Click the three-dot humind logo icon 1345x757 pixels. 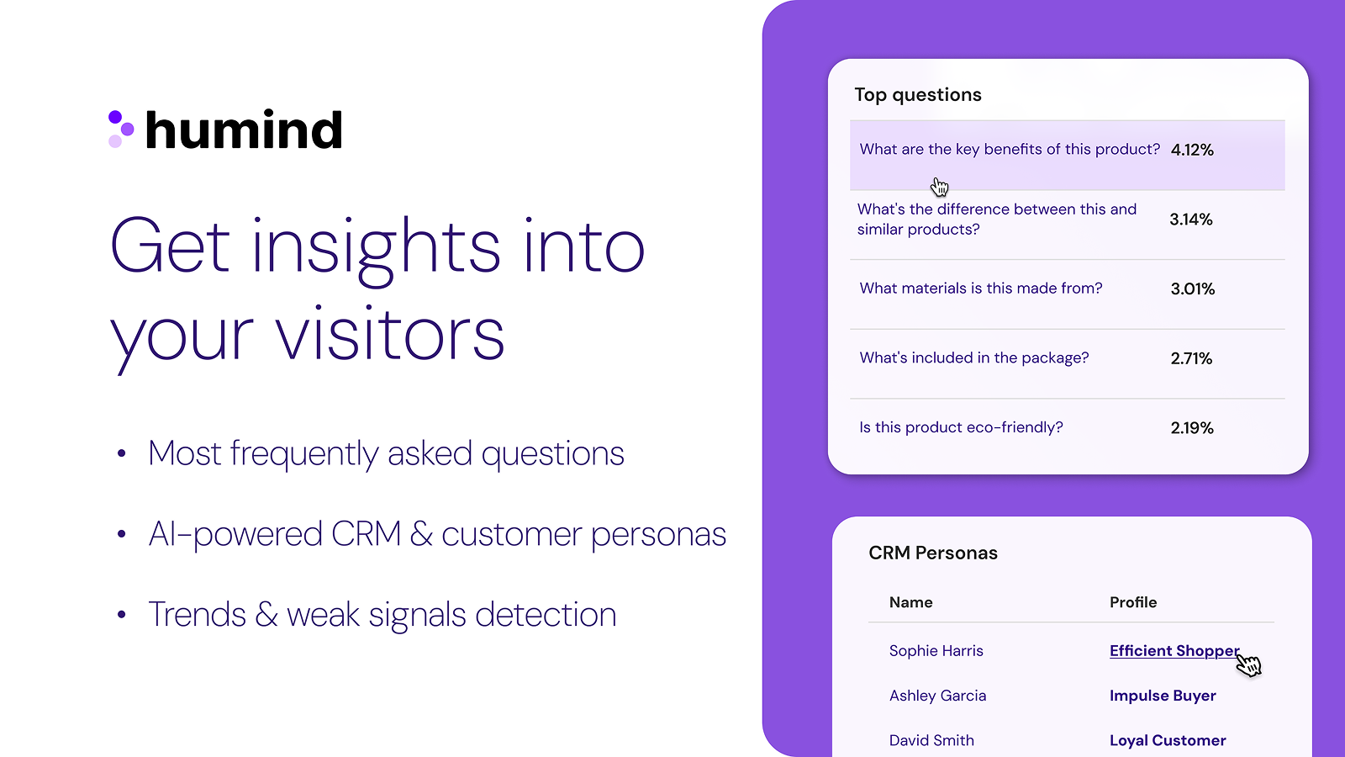click(x=121, y=130)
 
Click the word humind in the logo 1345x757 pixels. click(x=244, y=130)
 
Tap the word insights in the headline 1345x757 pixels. click(x=376, y=247)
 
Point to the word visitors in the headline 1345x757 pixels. click(x=390, y=336)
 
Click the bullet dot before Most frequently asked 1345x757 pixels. click(x=122, y=454)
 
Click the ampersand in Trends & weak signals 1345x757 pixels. click(x=266, y=615)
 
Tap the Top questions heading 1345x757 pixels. click(x=918, y=95)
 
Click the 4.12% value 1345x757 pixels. click(x=1192, y=150)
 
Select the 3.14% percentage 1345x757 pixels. click(x=1191, y=220)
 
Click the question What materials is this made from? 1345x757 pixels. click(x=981, y=289)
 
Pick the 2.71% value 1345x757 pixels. click(x=1191, y=358)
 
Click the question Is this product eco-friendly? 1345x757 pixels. click(x=961, y=427)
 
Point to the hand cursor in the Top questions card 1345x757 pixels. click(x=939, y=186)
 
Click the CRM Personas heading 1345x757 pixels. click(x=933, y=553)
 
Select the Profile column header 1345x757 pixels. click(x=1133, y=602)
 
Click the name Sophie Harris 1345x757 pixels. click(x=936, y=651)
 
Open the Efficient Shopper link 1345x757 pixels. click(x=1174, y=651)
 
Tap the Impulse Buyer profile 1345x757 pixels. click(x=1163, y=696)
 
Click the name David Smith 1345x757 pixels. click(x=931, y=740)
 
